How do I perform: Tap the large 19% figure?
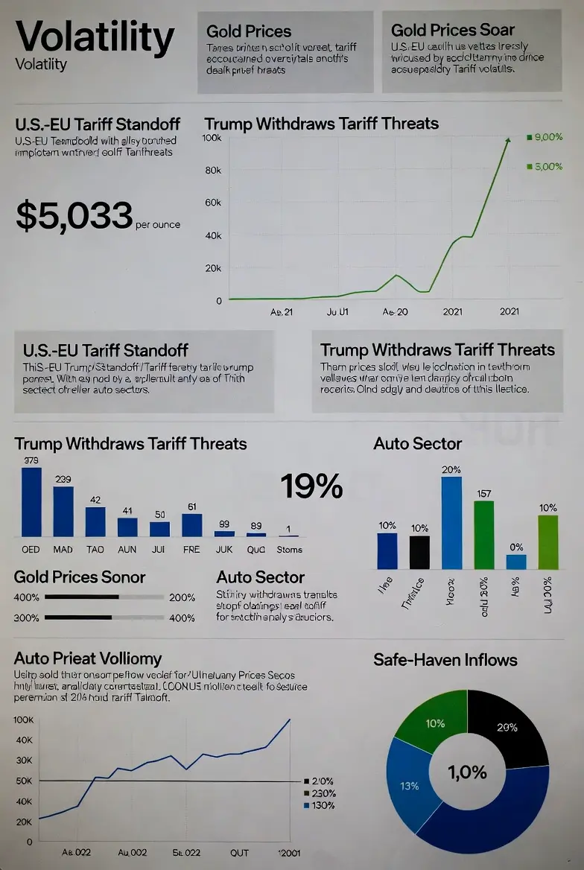(311, 486)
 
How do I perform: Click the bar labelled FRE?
(192, 524)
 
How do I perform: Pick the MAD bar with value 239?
(63, 511)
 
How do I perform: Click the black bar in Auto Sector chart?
(420, 552)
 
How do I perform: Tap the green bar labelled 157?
(483, 535)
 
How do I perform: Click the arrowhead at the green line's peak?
(508, 139)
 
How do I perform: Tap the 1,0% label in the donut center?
(468, 772)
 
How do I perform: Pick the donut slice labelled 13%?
(410, 786)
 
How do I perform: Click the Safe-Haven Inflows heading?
(445, 659)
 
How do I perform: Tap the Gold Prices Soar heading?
(452, 30)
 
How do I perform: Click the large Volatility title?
(95, 36)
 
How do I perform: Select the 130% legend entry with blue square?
(320, 805)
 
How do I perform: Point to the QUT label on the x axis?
(240, 853)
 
